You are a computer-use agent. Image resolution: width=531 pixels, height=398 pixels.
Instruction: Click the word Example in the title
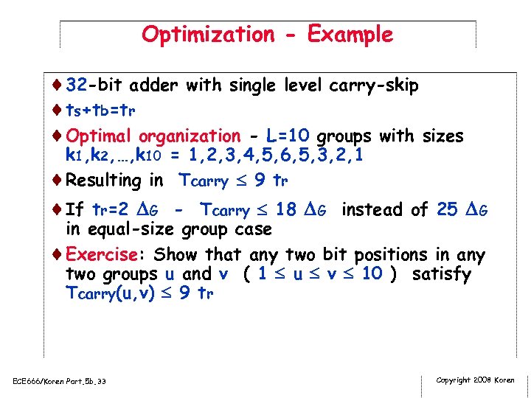tap(350, 35)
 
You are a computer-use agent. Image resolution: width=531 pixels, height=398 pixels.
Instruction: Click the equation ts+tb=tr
tap(100, 111)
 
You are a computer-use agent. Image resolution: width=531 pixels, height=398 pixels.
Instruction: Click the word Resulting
tap(103, 181)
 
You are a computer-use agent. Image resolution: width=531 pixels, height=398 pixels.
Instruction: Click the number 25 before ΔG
tap(447, 210)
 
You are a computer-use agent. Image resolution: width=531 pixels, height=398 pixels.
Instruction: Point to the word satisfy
tap(441, 274)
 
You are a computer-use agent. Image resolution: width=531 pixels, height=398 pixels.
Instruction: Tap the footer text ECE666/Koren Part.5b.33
tap(60, 381)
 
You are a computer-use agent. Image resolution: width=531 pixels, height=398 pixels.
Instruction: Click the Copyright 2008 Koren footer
tap(475, 380)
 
